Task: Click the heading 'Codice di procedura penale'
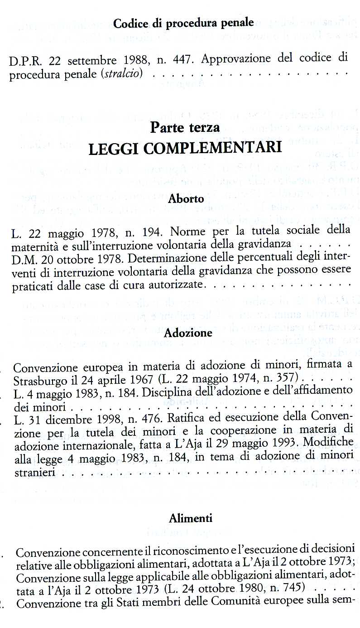[183, 23]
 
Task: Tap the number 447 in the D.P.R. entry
[184, 59]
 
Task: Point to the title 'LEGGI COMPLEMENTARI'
[185, 148]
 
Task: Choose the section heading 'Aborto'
[186, 198]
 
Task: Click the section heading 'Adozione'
[188, 333]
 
